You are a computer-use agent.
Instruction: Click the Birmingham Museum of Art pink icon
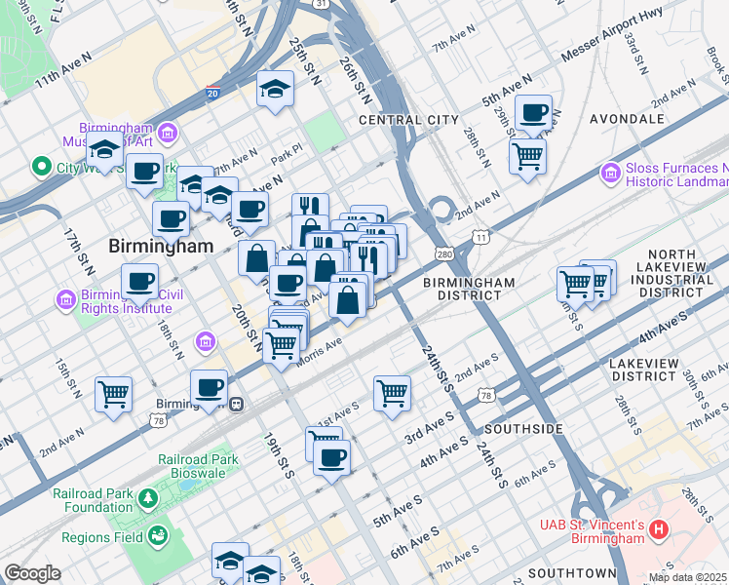167,132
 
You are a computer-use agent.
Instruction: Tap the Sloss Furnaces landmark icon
612,175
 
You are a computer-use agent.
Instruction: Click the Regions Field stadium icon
157,536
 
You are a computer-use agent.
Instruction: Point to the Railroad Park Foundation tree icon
147,499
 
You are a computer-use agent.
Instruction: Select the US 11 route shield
480,237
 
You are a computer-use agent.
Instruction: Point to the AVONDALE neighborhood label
627,119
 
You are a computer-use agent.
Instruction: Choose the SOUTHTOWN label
572,572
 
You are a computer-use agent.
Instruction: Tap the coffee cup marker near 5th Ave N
533,112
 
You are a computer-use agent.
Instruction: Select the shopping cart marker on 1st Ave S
392,393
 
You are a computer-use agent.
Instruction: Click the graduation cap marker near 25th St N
276,89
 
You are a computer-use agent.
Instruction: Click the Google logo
32,573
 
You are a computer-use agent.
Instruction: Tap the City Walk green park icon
41,167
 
